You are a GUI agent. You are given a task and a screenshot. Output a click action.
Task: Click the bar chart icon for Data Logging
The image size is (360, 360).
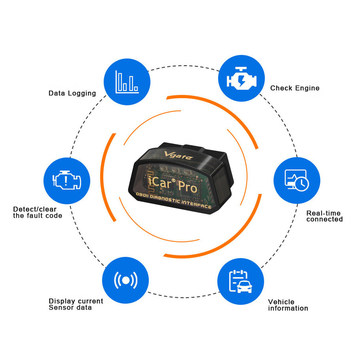(x=127, y=82)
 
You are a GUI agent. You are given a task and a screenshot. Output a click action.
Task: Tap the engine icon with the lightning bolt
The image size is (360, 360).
(x=242, y=78)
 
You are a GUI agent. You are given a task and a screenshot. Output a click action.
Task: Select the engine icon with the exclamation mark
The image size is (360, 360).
(x=67, y=180)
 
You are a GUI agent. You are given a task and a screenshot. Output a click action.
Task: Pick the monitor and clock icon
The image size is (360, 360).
(x=297, y=180)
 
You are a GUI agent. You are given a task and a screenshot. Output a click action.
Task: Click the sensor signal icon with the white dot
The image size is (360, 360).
(x=126, y=280)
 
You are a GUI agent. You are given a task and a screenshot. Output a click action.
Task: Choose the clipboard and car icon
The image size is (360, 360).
(x=240, y=282)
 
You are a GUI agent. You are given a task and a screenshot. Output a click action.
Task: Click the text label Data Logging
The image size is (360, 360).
(x=72, y=93)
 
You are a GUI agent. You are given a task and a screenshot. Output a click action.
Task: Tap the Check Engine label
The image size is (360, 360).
(x=295, y=88)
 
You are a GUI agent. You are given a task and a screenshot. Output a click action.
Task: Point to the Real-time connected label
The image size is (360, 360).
(x=324, y=216)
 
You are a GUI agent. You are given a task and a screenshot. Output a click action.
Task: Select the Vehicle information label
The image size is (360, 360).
(x=288, y=305)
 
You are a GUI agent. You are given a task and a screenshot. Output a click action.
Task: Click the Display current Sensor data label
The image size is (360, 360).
(x=76, y=304)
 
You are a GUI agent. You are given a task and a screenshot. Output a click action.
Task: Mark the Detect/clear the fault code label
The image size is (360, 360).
(x=37, y=212)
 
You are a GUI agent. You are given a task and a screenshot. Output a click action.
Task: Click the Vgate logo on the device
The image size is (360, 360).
(x=179, y=156)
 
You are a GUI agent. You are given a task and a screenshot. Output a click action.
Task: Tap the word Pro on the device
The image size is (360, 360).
(x=188, y=186)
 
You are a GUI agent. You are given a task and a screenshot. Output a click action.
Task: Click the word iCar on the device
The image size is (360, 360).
(x=159, y=182)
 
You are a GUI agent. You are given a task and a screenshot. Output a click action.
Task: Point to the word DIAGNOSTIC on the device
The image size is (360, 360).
(x=165, y=198)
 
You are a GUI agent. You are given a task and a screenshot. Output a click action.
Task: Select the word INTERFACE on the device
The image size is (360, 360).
(x=196, y=204)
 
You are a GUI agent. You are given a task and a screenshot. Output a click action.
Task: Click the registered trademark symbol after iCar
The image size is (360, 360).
(x=174, y=180)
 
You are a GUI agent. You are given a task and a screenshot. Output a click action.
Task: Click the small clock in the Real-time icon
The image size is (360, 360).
(x=302, y=184)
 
